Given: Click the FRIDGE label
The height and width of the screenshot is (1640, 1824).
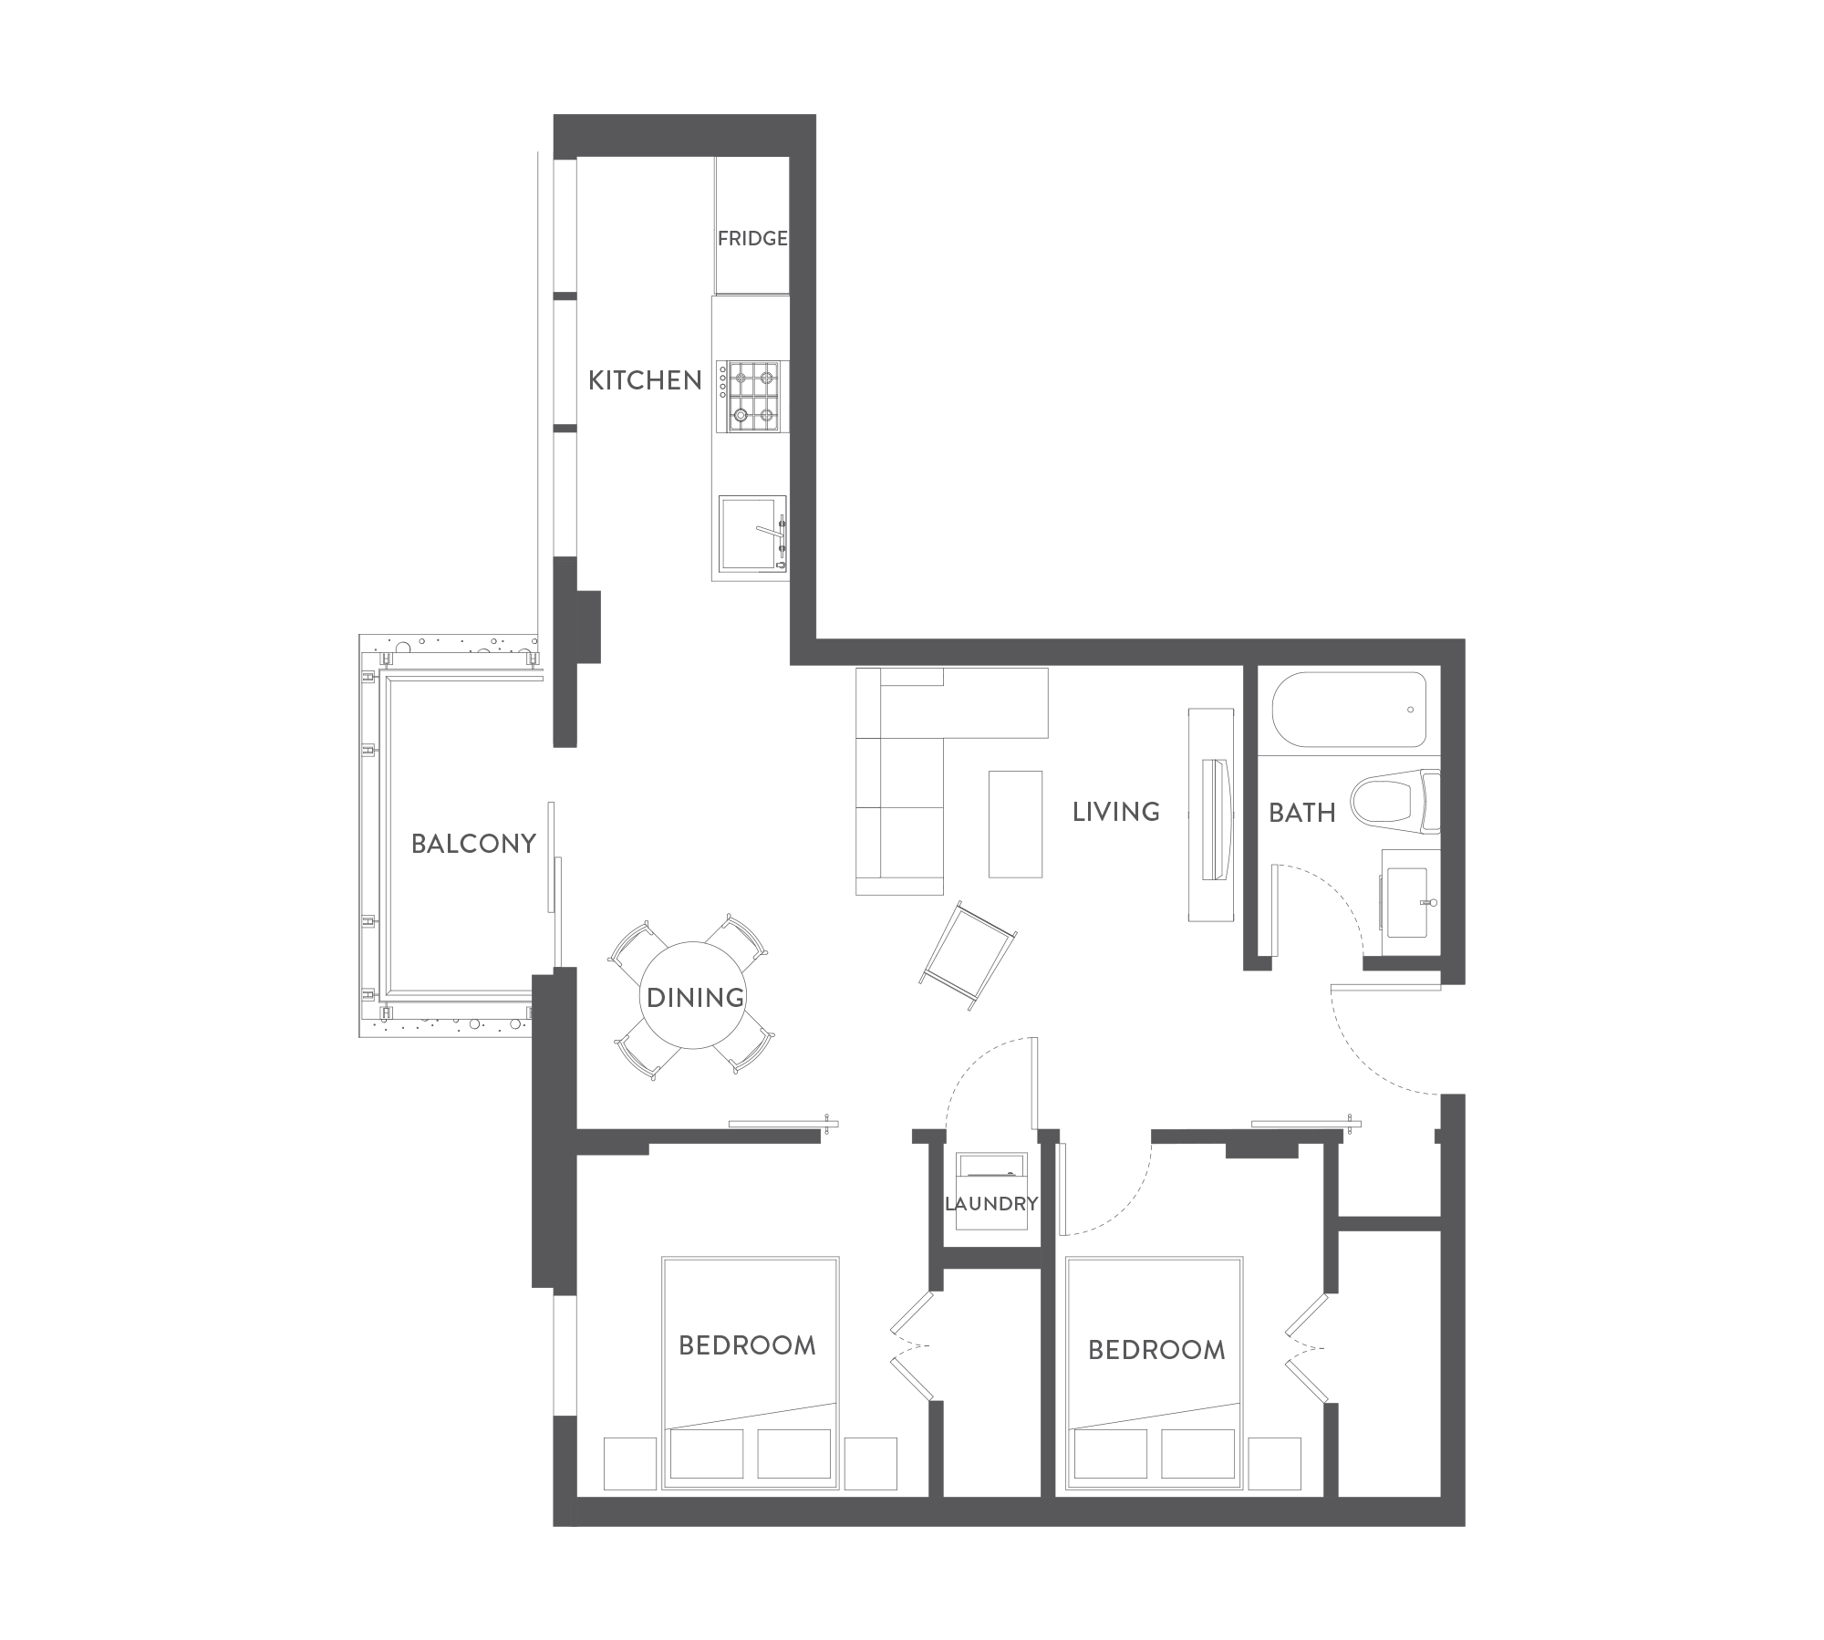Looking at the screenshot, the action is (x=752, y=239).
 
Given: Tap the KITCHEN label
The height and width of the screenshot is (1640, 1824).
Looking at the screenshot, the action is (x=645, y=380).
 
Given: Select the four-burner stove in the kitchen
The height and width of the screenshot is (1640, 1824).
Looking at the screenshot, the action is (x=751, y=395).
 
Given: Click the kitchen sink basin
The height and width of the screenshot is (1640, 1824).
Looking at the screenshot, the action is (x=751, y=534).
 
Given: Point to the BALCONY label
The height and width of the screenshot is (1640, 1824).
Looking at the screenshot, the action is (x=473, y=844).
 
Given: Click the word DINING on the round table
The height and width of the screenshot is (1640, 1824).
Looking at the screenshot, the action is (x=695, y=998).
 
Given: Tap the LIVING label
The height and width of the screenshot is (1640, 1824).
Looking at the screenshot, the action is (x=1116, y=812).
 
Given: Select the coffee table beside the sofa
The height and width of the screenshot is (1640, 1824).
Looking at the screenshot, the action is (x=1015, y=824).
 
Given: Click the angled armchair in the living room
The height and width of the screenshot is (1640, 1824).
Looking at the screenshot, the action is (x=969, y=956).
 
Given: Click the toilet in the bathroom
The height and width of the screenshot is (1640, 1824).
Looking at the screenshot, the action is (x=1395, y=802).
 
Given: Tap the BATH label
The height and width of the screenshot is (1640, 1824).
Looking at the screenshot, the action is (x=1301, y=813).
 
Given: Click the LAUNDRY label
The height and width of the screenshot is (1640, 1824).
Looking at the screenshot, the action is (x=991, y=1204).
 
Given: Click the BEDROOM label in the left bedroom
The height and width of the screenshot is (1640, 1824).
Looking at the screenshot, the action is (x=747, y=1345).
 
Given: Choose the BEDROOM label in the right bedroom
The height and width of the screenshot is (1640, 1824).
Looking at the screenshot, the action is (x=1156, y=1350).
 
